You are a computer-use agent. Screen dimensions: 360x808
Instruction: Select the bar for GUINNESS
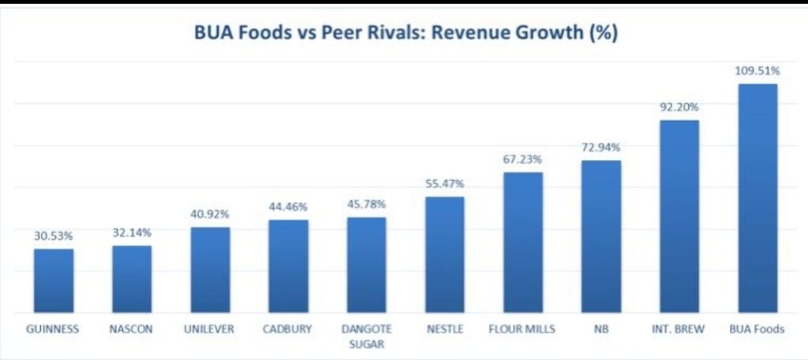click(x=54, y=280)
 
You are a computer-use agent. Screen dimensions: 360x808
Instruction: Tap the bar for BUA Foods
click(x=757, y=197)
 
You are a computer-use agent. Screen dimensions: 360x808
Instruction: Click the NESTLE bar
click(x=444, y=254)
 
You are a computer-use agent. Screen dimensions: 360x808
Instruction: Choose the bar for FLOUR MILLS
click(x=523, y=242)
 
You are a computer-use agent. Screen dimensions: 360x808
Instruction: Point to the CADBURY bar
click(x=288, y=265)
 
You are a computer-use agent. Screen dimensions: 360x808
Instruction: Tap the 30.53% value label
click(x=54, y=235)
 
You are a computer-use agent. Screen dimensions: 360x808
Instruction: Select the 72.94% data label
click(x=600, y=147)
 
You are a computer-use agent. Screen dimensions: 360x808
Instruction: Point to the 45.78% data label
click(x=366, y=204)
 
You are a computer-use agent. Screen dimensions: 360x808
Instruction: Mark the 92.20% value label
click(x=679, y=107)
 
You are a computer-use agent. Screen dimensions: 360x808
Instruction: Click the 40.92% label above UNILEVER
click(x=210, y=213)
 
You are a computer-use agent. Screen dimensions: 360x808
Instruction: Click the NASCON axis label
click(x=132, y=329)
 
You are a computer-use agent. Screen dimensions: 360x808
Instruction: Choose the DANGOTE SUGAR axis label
click(x=366, y=336)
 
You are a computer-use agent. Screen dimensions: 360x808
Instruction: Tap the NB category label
click(x=600, y=329)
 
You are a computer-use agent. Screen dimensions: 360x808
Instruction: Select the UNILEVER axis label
click(x=210, y=329)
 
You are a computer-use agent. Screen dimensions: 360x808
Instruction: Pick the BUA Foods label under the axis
click(x=757, y=329)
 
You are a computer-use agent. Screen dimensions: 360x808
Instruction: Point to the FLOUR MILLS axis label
click(x=522, y=329)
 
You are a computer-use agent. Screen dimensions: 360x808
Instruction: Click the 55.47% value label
click(x=444, y=183)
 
